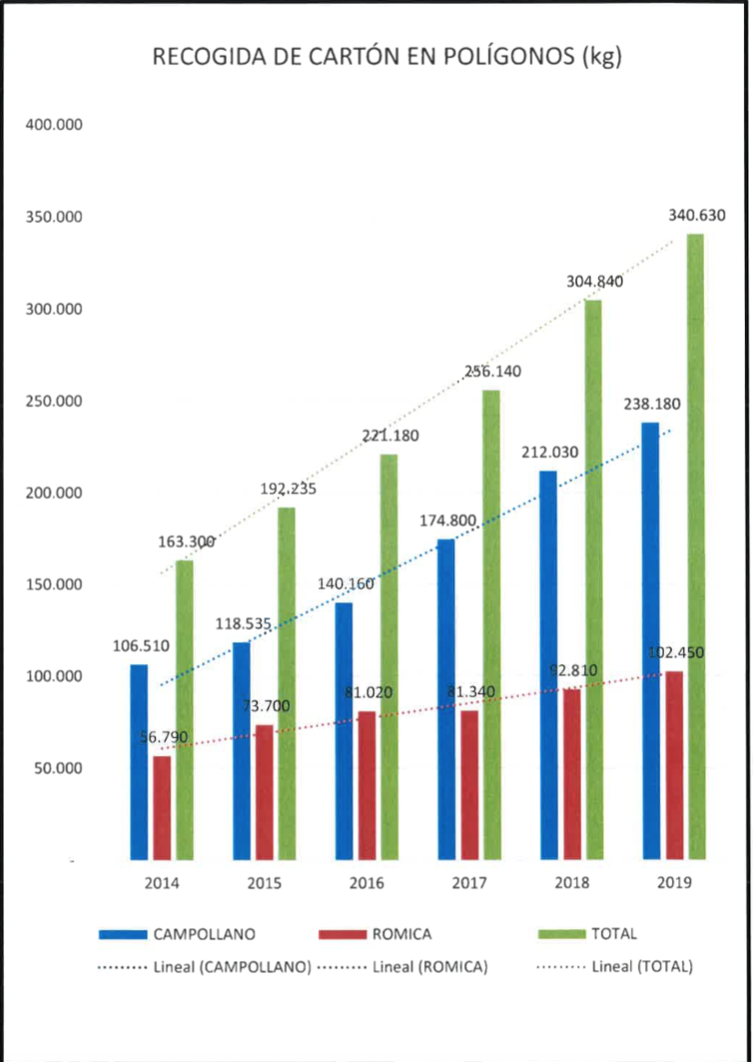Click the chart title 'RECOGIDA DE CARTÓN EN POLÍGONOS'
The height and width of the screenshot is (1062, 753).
(x=387, y=57)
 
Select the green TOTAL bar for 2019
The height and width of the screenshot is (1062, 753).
(x=696, y=546)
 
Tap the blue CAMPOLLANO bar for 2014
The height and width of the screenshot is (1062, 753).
(x=139, y=761)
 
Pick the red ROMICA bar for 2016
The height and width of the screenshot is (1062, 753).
(x=366, y=785)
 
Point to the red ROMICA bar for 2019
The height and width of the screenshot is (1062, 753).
(x=674, y=765)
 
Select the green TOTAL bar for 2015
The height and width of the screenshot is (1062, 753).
(x=286, y=683)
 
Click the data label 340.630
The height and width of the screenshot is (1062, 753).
(x=697, y=216)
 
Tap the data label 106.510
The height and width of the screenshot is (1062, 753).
(x=141, y=647)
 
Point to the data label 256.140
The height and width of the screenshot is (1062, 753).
(x=492, y=372)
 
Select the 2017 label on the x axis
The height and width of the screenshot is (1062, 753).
(x=469, y=883)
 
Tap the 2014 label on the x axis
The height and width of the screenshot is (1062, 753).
(x=160, y=883)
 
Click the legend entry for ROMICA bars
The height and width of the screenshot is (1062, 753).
(x=401, y=934)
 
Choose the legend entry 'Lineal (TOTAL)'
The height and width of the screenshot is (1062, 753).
(x=642, y=966)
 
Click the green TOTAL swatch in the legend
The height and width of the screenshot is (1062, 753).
(x=554, y=934)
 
